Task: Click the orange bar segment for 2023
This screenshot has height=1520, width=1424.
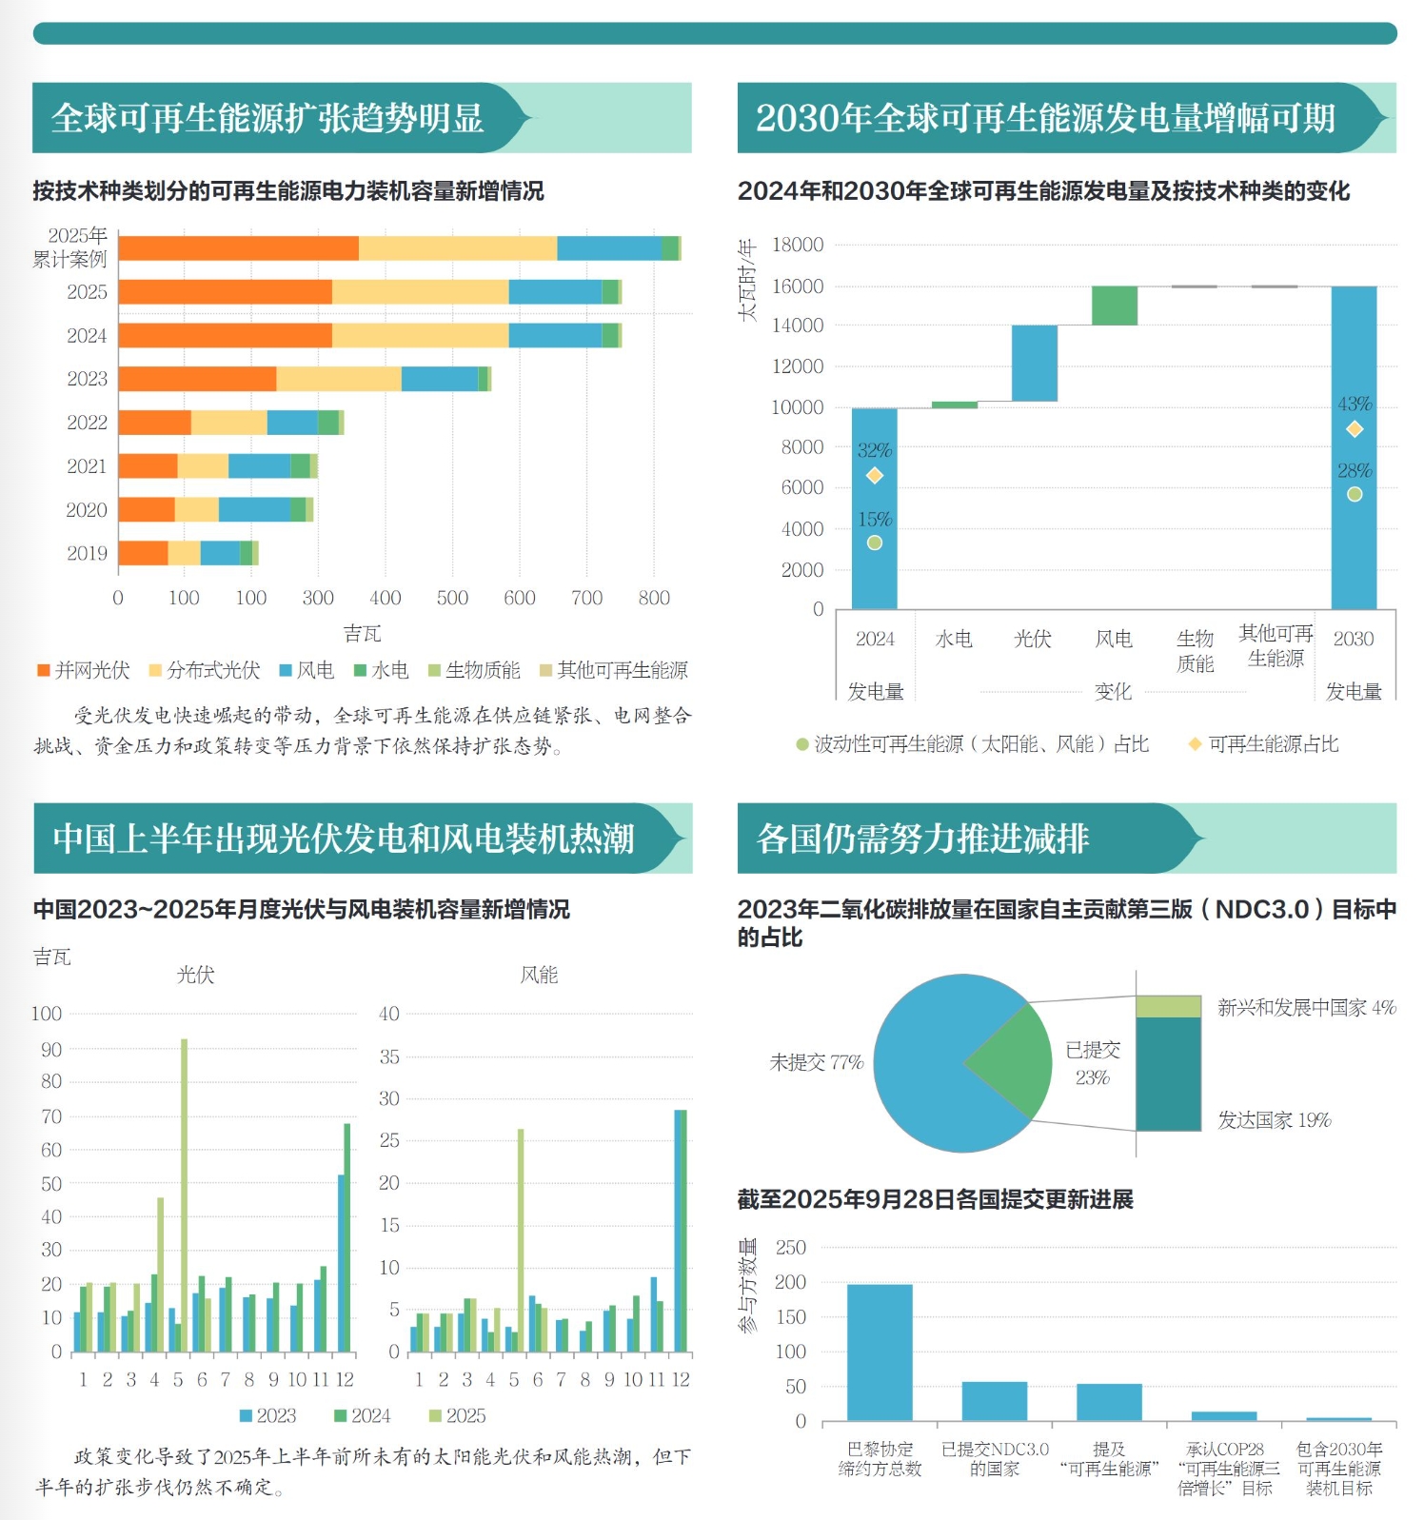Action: pos(197,379)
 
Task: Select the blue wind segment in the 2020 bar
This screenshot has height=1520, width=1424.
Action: pos(254,509)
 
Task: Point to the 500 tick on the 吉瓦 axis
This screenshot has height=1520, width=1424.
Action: pos(452,598)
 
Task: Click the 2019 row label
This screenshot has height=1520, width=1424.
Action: pos(87,553)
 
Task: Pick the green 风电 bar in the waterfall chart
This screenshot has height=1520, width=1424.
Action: pos(1114,306)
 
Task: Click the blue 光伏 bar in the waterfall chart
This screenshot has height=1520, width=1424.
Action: pos(1034,363)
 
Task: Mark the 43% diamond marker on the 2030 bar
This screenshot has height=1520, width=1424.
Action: pos(1354,429)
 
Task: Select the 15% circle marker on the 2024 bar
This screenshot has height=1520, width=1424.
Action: pos(874,543)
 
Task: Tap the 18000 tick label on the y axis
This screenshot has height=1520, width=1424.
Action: pos(797,245)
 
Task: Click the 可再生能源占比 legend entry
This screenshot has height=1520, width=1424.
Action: pos(1263,744)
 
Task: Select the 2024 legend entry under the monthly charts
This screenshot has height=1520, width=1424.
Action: pos(362,1415)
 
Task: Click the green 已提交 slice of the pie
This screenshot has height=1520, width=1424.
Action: pos(1008,1061)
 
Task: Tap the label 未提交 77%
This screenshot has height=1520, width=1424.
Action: pos(816,1062)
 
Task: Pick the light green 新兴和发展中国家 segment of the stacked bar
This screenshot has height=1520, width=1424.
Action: pos(1168,1006)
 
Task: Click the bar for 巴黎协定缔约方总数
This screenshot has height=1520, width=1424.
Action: pos(879,1352)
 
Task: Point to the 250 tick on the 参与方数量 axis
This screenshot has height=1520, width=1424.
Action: pos(790,1247)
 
